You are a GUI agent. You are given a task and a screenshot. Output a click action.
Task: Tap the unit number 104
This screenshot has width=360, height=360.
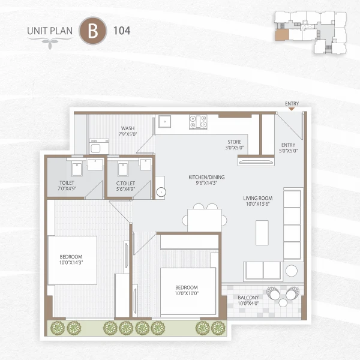pos(121,29)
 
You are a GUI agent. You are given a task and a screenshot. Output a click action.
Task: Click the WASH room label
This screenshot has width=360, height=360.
pos(127,131)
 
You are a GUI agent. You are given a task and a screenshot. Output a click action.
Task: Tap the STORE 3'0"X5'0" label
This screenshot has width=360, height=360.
pos(235,144)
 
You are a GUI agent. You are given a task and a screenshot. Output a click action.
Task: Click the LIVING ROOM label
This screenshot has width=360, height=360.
pos(258,201)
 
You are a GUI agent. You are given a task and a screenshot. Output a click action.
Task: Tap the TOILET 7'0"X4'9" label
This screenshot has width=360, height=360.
pos(67,186)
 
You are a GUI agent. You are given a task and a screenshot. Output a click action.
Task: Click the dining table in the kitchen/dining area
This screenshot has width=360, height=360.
pos(204,218)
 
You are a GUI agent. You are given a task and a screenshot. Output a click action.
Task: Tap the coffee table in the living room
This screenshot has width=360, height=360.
pos(262,232)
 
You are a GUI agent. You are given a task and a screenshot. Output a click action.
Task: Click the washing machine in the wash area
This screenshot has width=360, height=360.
pos(97,148)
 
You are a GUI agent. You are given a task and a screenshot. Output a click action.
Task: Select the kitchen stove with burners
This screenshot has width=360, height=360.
pos(198,122)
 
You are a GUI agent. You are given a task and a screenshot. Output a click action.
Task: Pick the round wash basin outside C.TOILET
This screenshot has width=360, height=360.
pos(160,192)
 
